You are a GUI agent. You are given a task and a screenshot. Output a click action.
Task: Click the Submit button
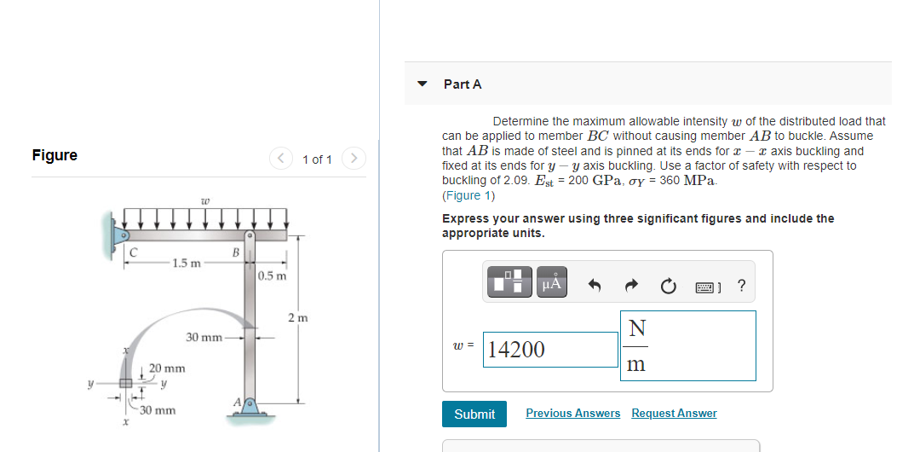pos(474,414)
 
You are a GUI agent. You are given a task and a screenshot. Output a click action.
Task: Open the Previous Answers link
pos(572,414)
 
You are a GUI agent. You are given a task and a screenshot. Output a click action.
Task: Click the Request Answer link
pos(674,414)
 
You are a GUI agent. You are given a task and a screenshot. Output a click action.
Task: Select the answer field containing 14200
pos(550,350)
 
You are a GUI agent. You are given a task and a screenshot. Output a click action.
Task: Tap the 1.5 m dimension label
pos(186,263)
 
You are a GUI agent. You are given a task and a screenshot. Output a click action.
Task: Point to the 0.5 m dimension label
pos(273,275)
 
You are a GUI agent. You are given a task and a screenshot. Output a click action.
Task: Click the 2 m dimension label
pos(297,318)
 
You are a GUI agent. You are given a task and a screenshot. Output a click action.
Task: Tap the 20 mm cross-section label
pos(167,368)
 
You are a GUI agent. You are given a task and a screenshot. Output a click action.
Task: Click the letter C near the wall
pos(133,251)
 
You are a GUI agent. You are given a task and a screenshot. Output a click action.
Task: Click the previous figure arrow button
pos(280,159)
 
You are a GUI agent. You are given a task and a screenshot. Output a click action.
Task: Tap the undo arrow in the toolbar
pos(595,286)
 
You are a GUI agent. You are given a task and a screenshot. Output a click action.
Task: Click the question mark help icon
pos(741,286)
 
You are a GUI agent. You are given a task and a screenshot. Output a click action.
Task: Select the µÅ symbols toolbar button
pos(552,283)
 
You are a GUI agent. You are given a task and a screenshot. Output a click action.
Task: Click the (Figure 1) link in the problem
pos(468,195)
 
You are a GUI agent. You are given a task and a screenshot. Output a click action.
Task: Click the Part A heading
pos(463,84)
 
